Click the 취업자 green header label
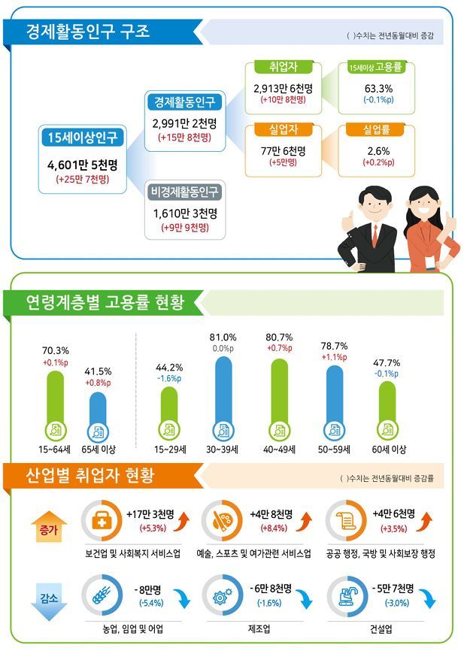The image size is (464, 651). point(284,67)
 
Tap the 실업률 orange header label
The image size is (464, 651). point(377,129)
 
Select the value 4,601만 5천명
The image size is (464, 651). point(83,165)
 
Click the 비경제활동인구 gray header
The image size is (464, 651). point(185,192)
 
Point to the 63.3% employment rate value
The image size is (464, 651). point(378,89)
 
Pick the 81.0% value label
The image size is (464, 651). point(223,337)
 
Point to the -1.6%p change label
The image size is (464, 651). point(169,378)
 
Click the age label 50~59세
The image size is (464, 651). point(334,450)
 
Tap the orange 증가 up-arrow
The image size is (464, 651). point(49,526)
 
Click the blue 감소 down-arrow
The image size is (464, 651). point(49,601)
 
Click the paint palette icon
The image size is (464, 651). point(221,520)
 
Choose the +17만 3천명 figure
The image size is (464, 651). point(150,514)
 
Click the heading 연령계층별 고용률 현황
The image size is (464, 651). point(105,302)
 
